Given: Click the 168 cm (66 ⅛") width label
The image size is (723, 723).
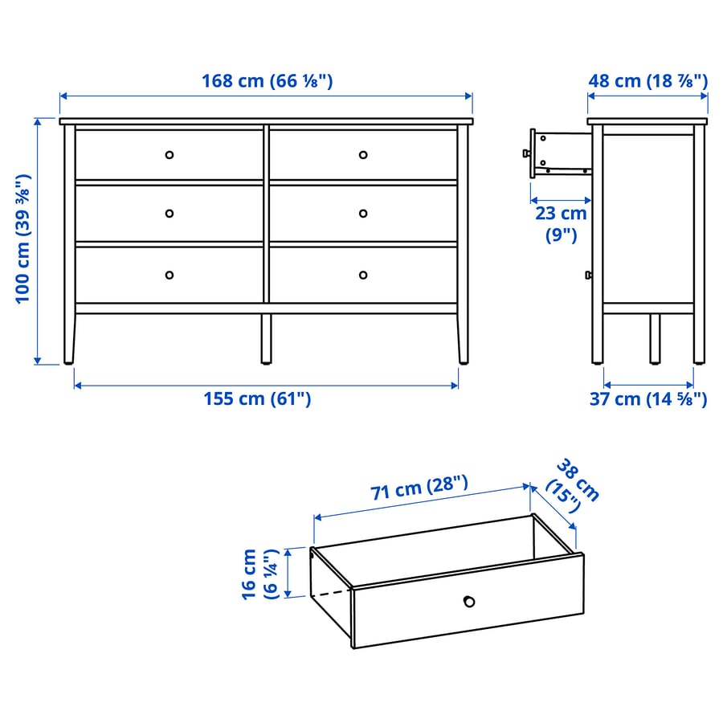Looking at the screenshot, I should click(x=267, y=81).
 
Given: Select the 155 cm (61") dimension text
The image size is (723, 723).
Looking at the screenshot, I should click(x=257, y=399).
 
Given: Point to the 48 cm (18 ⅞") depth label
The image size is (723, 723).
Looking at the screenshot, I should click(x=648, y=81).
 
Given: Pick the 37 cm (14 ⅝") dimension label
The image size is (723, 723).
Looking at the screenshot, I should click(x=648, y=399).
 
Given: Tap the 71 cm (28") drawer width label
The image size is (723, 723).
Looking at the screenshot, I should click(x=419, y=490).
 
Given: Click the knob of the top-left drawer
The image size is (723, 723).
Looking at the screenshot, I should click(x=169, y=154).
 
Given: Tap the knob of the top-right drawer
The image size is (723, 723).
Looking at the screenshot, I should click(x=363, y=154).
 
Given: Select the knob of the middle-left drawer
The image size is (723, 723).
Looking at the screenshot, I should click(x=169, y=213).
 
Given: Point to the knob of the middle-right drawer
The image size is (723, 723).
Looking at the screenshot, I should click(x=363, y=213).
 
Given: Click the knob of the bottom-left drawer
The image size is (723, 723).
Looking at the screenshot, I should click(x=169, y=275).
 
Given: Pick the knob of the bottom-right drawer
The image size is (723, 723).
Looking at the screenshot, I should click(x=363, y=275).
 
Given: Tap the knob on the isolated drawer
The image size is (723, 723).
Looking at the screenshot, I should click(x=468, y=601).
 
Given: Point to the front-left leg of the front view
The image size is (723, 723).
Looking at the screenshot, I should click(x=70, y=337).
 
